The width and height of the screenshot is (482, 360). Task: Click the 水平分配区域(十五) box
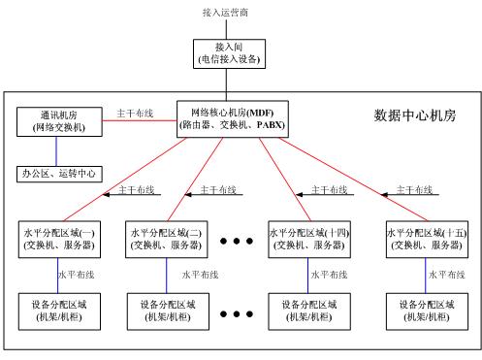(424, 239)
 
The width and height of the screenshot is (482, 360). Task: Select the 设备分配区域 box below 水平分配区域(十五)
(424, 311)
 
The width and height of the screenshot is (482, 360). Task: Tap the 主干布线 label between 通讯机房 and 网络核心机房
(134, 112)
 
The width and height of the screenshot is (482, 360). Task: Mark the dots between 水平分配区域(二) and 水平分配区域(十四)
(237, 240)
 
